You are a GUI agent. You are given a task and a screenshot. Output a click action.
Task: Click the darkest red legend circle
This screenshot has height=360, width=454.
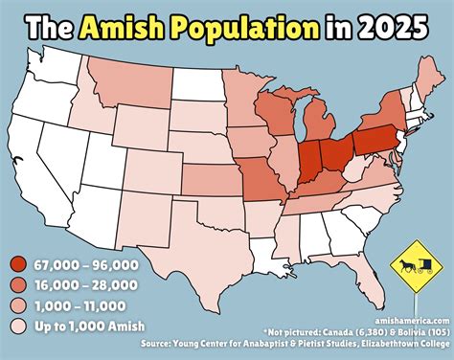19,264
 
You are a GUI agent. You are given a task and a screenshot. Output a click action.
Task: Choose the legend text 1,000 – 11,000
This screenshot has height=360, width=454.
79,306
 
